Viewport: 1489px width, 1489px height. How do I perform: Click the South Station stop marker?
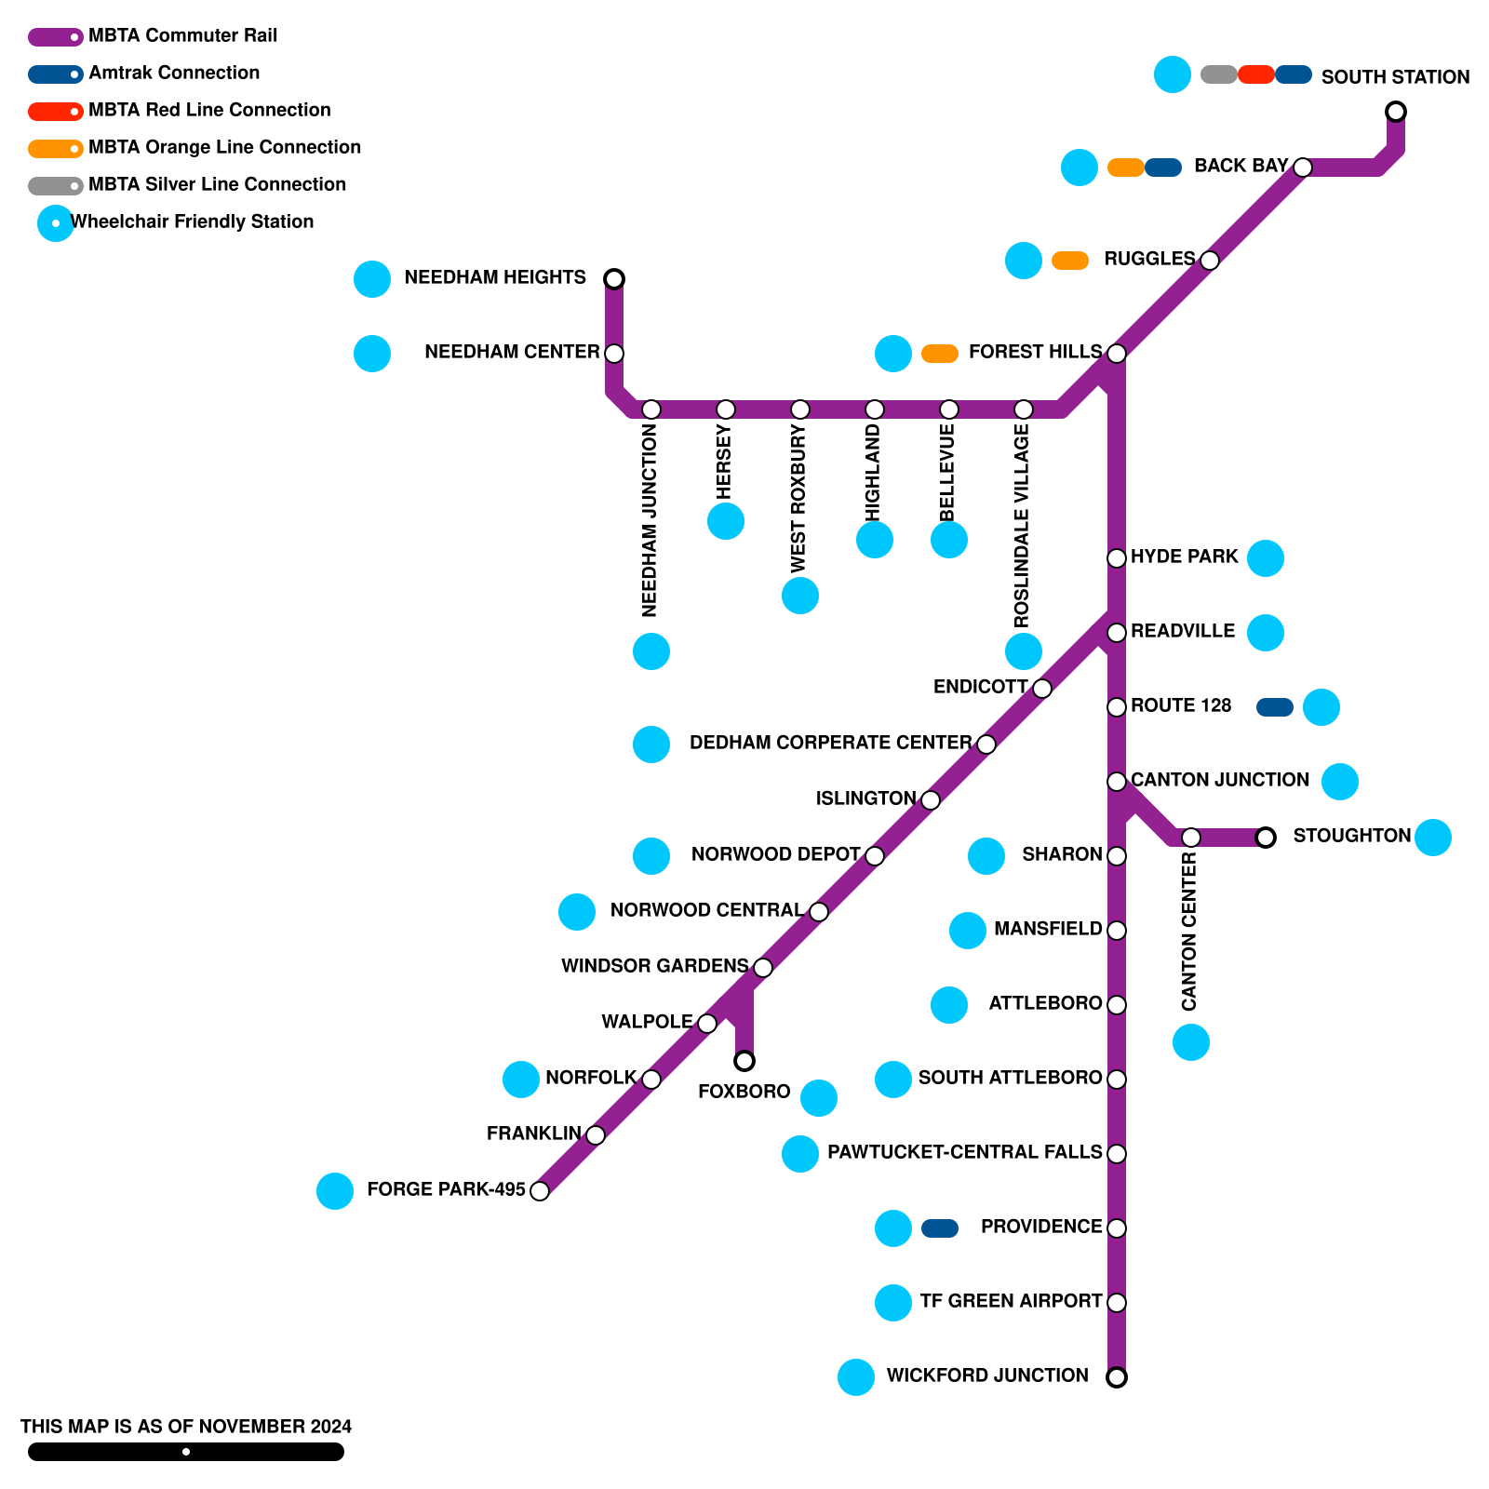click(1395, 112)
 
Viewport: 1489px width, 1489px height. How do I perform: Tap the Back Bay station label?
click(1241, 166)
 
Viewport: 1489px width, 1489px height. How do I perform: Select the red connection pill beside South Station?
click(1255, 74)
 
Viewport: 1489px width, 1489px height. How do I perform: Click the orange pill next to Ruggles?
click(1069, 261)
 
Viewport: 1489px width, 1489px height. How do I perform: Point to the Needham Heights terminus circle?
click(614, 278)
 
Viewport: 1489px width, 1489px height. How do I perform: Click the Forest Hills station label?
click(1035, 352)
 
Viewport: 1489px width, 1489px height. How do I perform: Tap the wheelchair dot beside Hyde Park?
click(1265, 558)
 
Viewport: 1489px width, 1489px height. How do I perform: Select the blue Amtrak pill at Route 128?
click(1274, 707)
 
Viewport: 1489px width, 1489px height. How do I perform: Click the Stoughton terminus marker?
click(1266, 838)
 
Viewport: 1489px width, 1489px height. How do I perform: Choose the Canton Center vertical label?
click(1188, 931)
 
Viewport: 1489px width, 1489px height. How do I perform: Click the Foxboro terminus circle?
click(744, 1061)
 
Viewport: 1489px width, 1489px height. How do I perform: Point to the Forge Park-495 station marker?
click(540, 1191)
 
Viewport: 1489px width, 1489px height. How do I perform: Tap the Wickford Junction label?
click(986, 1375)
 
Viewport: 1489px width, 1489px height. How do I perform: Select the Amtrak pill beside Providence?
click(939, 1228)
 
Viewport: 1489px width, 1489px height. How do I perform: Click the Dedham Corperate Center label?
click(830, 743)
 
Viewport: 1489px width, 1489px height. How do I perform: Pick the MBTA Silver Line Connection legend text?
click(217, 184)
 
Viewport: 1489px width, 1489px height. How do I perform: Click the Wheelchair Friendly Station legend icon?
click(56, 223)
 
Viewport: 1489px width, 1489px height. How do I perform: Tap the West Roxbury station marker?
click(800, 409)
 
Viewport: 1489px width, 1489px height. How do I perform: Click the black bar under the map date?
click(186, 1452)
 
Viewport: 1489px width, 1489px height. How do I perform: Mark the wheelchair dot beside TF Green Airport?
click(892, 1303)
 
